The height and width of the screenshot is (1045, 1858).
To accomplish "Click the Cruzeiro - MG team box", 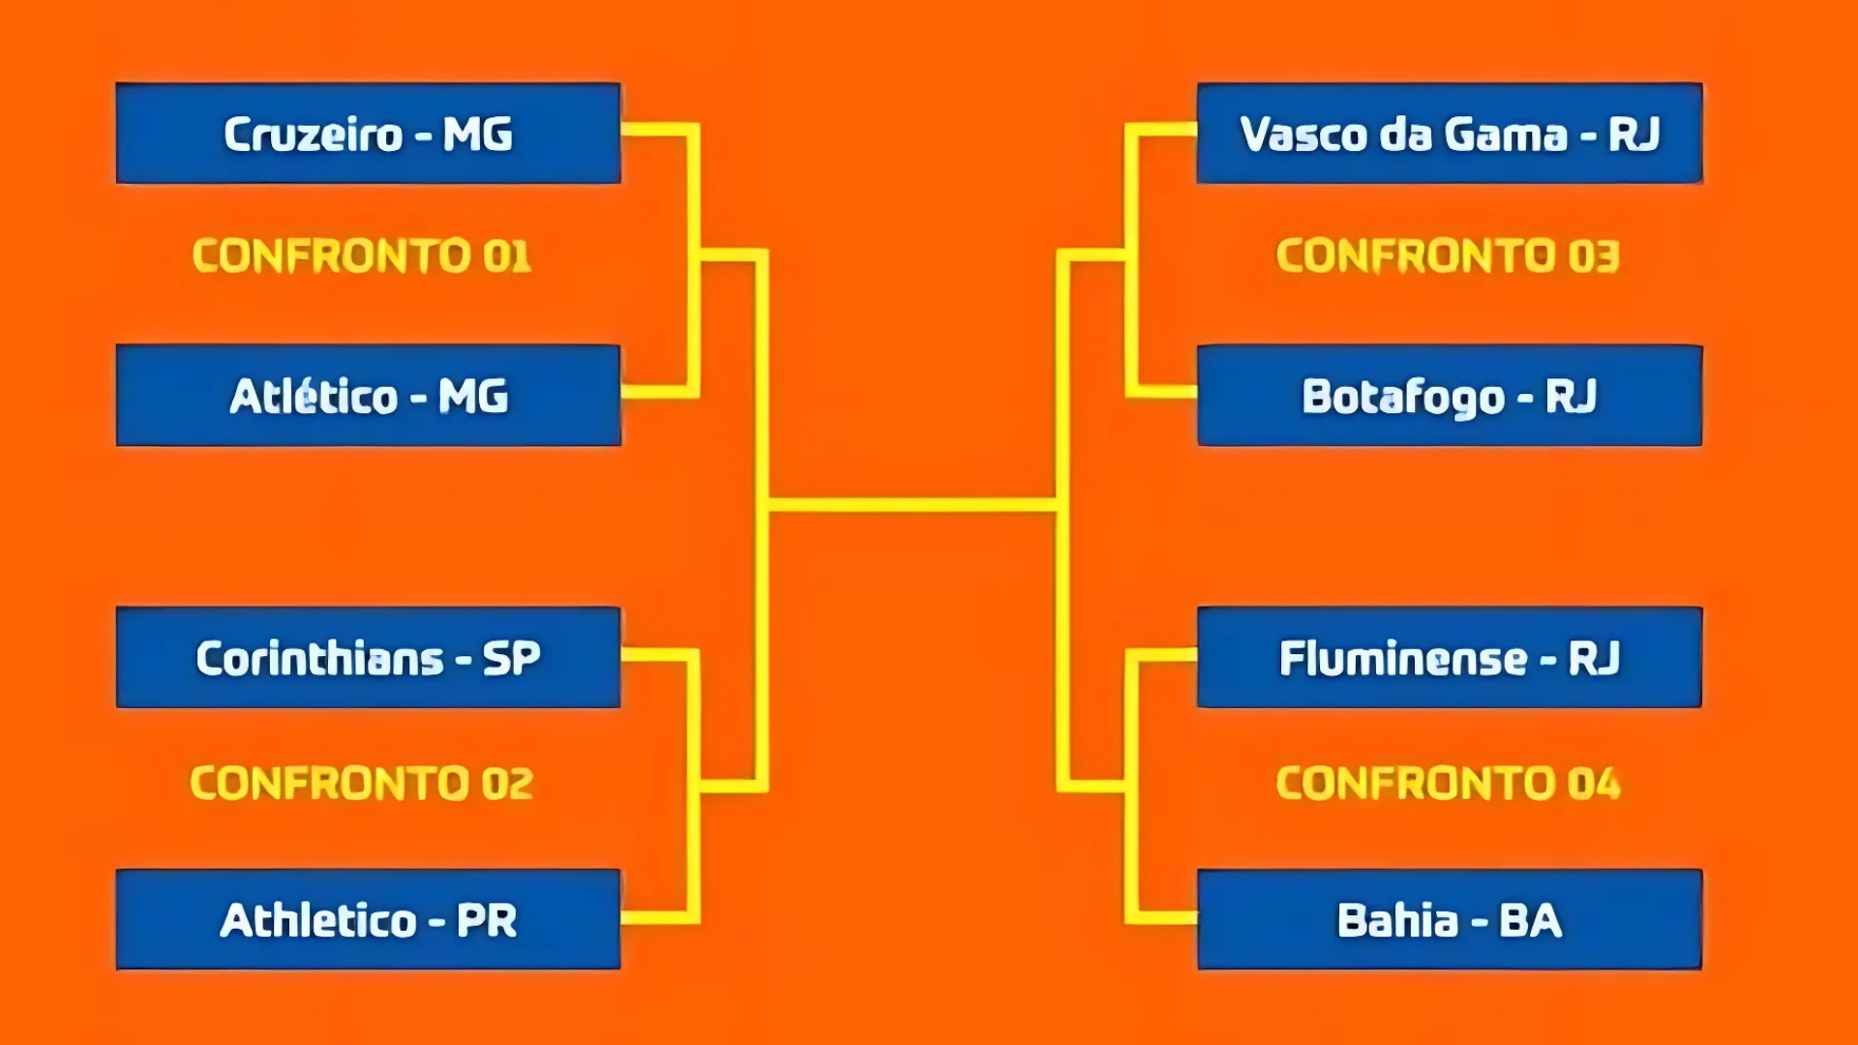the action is (x=368, y=134).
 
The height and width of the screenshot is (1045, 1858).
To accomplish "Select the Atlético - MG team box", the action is (x=368, y=396).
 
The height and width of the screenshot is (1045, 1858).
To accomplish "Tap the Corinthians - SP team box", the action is (x=368, y=658).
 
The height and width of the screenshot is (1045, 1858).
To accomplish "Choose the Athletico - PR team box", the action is (x=368, y=919).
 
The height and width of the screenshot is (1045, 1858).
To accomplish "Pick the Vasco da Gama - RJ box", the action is (x=1450, y=134).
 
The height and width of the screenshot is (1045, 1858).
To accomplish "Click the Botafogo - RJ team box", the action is (x=1450, y=396).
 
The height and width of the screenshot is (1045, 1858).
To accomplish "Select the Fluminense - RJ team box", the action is (x=1450, y=658).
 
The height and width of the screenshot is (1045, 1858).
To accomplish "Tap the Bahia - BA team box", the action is (x=1450, y=919).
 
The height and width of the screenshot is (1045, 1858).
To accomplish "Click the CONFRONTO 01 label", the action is (x=362, y=256).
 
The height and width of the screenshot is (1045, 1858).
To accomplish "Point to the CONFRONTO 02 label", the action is (x=362, y=784).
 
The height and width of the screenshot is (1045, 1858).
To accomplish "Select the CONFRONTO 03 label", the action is (x=1448, y=256).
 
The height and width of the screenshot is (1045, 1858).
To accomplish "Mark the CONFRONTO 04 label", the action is (x=1448, y=784).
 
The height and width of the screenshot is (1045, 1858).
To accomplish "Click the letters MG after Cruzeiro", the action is (x=478, y=134).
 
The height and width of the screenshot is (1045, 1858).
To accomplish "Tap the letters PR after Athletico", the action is (x=487, y=920).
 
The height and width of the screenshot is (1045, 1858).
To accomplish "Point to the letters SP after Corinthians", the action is (x=512, y=659).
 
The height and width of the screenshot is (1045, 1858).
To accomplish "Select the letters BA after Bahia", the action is (x=1531, y=920).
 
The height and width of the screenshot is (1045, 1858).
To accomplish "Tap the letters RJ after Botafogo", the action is (x=1572, y=397).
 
